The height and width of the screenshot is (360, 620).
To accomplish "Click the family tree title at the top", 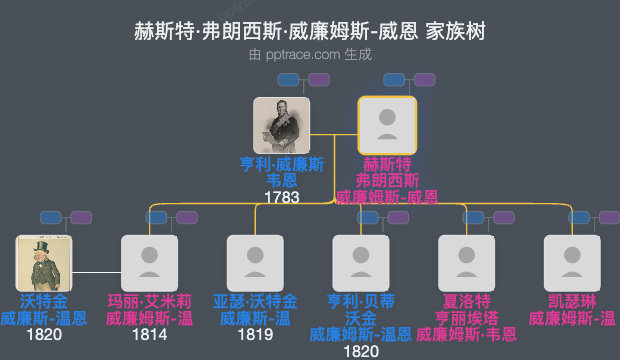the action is coord(309,31).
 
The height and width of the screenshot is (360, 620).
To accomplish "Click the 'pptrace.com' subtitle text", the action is coord(310,54).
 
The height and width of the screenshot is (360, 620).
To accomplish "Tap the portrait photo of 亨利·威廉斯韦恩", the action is coord(281,125).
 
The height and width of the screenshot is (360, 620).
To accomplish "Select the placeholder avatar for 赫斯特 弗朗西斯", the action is coord(387,125).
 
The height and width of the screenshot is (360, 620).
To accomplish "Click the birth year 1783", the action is coord(281,197).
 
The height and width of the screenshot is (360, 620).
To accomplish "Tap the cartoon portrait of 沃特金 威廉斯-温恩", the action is coord(43,263).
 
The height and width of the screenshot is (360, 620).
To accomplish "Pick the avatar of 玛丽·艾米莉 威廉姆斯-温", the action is coord(149,263).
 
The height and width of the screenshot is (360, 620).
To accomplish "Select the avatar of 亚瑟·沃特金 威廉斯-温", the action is coord(255,263).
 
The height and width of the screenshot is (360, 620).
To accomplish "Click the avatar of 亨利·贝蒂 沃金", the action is coord(361,263).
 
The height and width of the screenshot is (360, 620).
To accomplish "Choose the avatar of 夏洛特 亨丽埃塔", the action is coord(466,263).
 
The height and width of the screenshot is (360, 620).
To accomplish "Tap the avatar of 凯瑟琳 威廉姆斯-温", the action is coord(572,263).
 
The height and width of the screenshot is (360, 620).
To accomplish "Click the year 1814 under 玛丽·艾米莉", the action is coord(149,335).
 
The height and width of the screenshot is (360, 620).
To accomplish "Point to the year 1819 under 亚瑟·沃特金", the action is coord(255,335).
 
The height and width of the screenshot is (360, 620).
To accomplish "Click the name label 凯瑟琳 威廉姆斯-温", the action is coord(572,310).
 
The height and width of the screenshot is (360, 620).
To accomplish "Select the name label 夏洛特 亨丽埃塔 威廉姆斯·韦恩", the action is coord(466,317).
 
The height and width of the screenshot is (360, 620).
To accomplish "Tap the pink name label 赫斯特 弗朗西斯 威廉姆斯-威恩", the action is coord(387,180).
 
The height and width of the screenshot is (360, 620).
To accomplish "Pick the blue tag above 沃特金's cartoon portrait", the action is coord(51,217).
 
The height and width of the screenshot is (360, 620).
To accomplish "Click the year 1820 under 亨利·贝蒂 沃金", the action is coord(361,351).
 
